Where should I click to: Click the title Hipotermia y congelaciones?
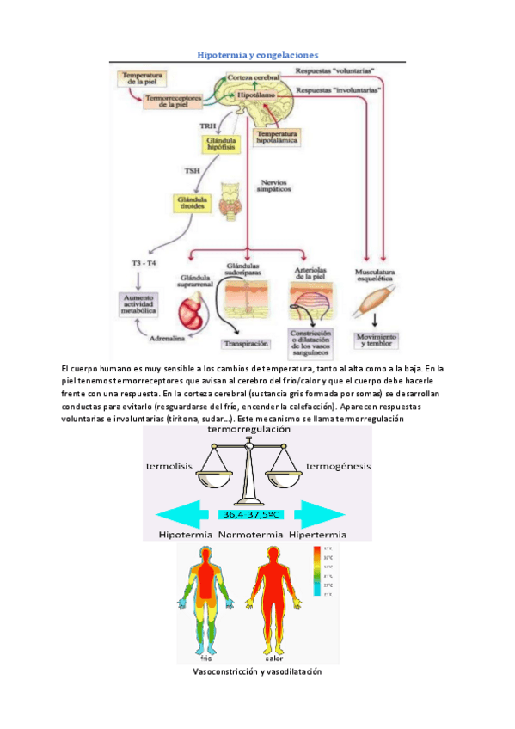pos(258,54)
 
